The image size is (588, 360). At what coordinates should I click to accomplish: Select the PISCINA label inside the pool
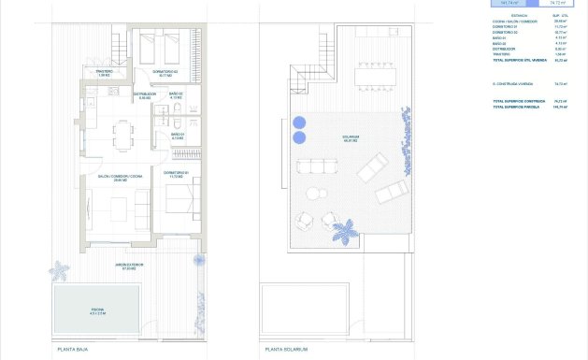click(x=98, y=310)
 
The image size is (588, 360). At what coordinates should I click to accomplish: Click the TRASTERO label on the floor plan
click(x=105, y=73)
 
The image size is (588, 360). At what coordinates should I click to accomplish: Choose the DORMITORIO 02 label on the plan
click(x=165, y=73)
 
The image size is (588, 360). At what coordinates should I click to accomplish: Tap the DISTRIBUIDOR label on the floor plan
click(x=143, y=95)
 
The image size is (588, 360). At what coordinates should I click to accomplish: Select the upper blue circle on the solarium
click(x=299, y=122)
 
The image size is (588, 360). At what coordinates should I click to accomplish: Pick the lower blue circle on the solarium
click(x=299, y=137)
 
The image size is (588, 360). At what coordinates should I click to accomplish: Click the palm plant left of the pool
click(x=59, y=272)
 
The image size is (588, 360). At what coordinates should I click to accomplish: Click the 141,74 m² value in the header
click(x=510, y=3)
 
